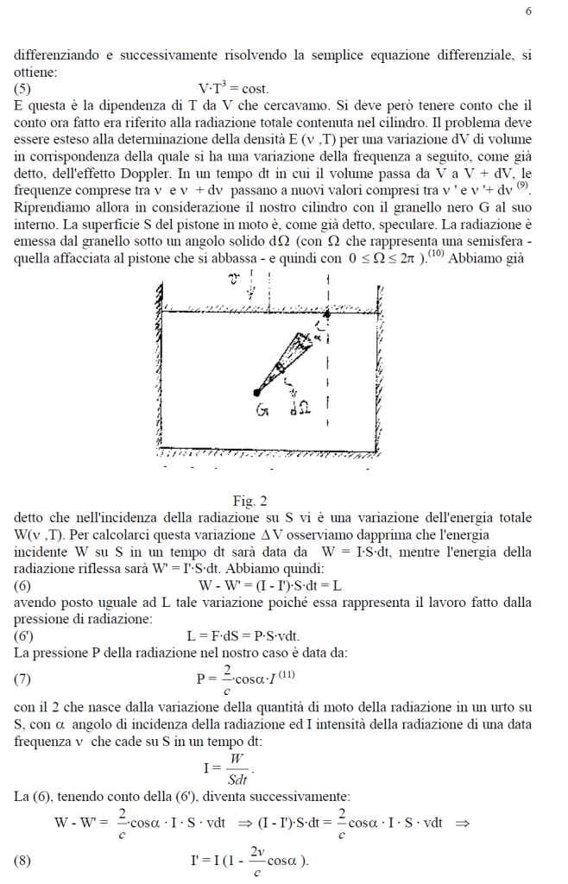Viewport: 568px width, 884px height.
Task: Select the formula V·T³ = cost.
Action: tap(234, 88)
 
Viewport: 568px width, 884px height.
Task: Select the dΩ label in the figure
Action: tap(301, 410)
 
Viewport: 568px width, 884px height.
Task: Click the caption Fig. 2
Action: tap(250, 501)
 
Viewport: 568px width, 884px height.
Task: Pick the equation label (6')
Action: tap(25, 635)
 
